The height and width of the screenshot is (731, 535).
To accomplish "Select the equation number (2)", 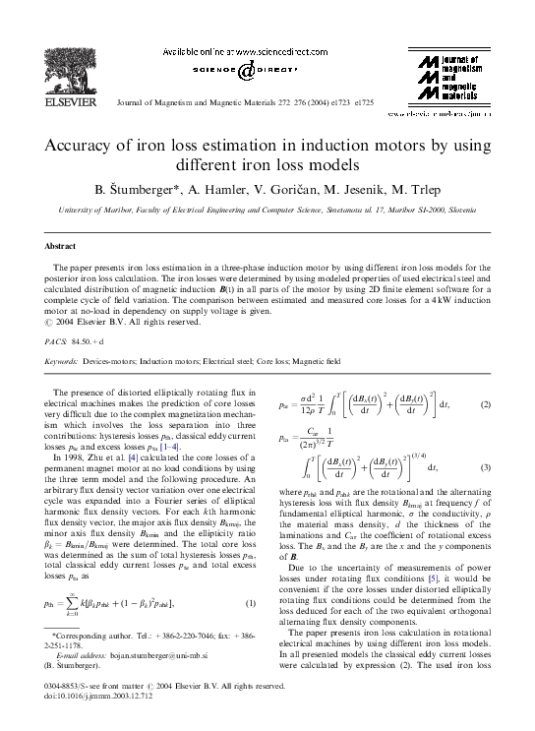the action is [x=484, y=404].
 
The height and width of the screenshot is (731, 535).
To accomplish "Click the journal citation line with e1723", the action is [x=255, y=102].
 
